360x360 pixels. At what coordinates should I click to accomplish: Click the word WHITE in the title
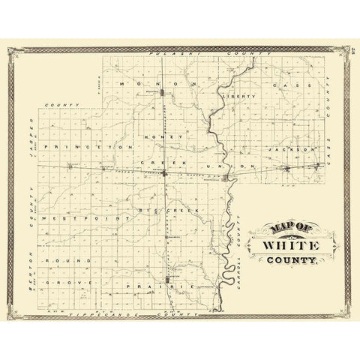coord(289,246)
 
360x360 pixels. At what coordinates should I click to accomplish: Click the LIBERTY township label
coord(239,96)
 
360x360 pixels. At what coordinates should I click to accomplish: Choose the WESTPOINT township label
coord(70,217)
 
